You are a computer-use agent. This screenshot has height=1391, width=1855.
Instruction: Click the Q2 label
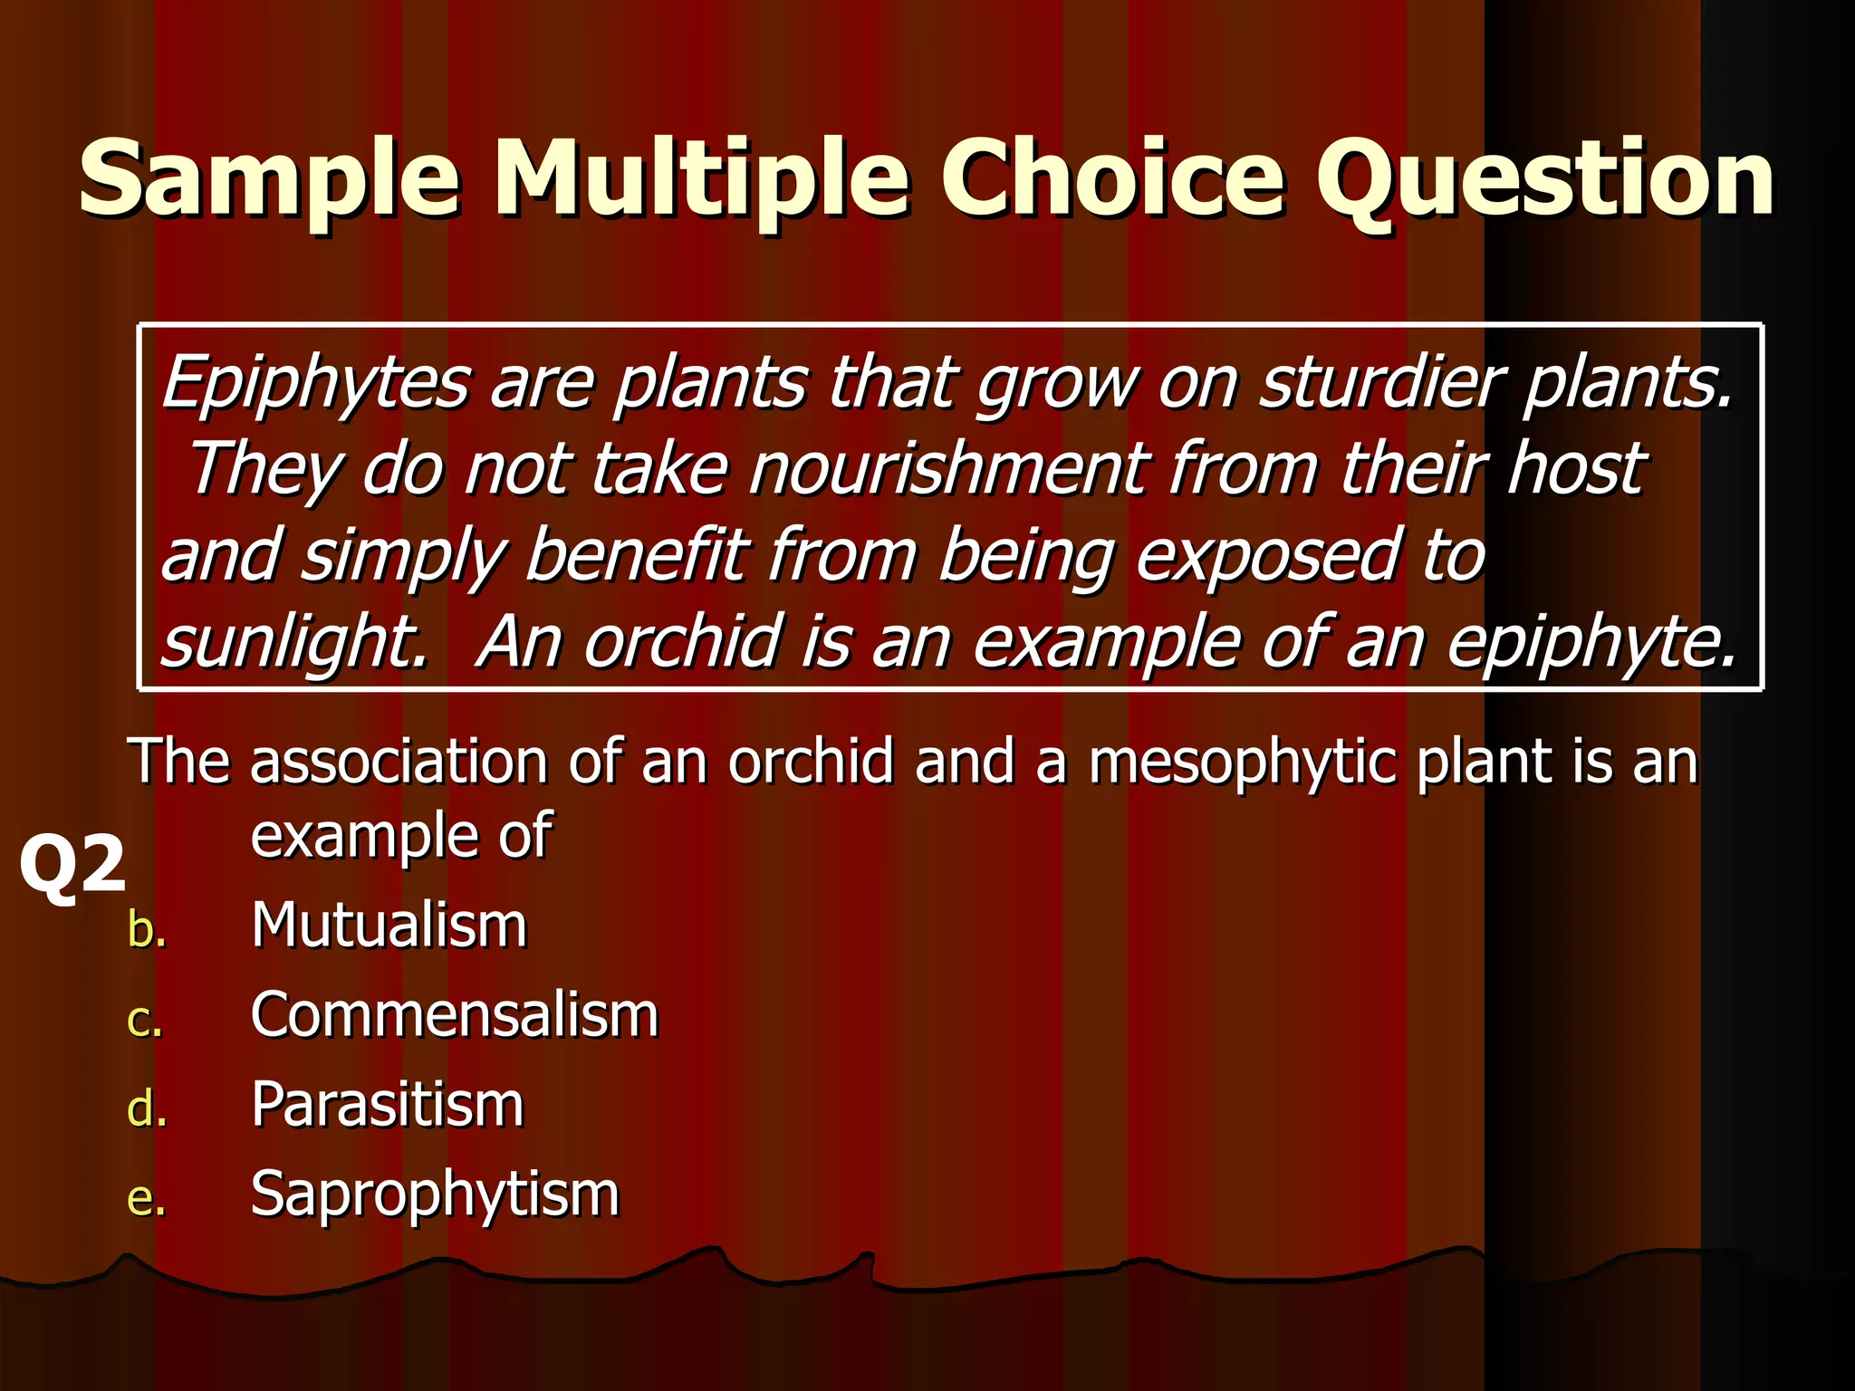[x=72, y=865]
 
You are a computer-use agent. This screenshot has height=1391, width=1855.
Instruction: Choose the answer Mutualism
[x=389, y=926]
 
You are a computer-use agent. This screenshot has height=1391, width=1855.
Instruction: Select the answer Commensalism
[x=455, y=1015]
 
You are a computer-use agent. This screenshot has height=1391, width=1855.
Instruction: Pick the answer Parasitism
[x=388, y=1105]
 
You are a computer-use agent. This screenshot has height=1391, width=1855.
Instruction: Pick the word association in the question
[x=399, y=761]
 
